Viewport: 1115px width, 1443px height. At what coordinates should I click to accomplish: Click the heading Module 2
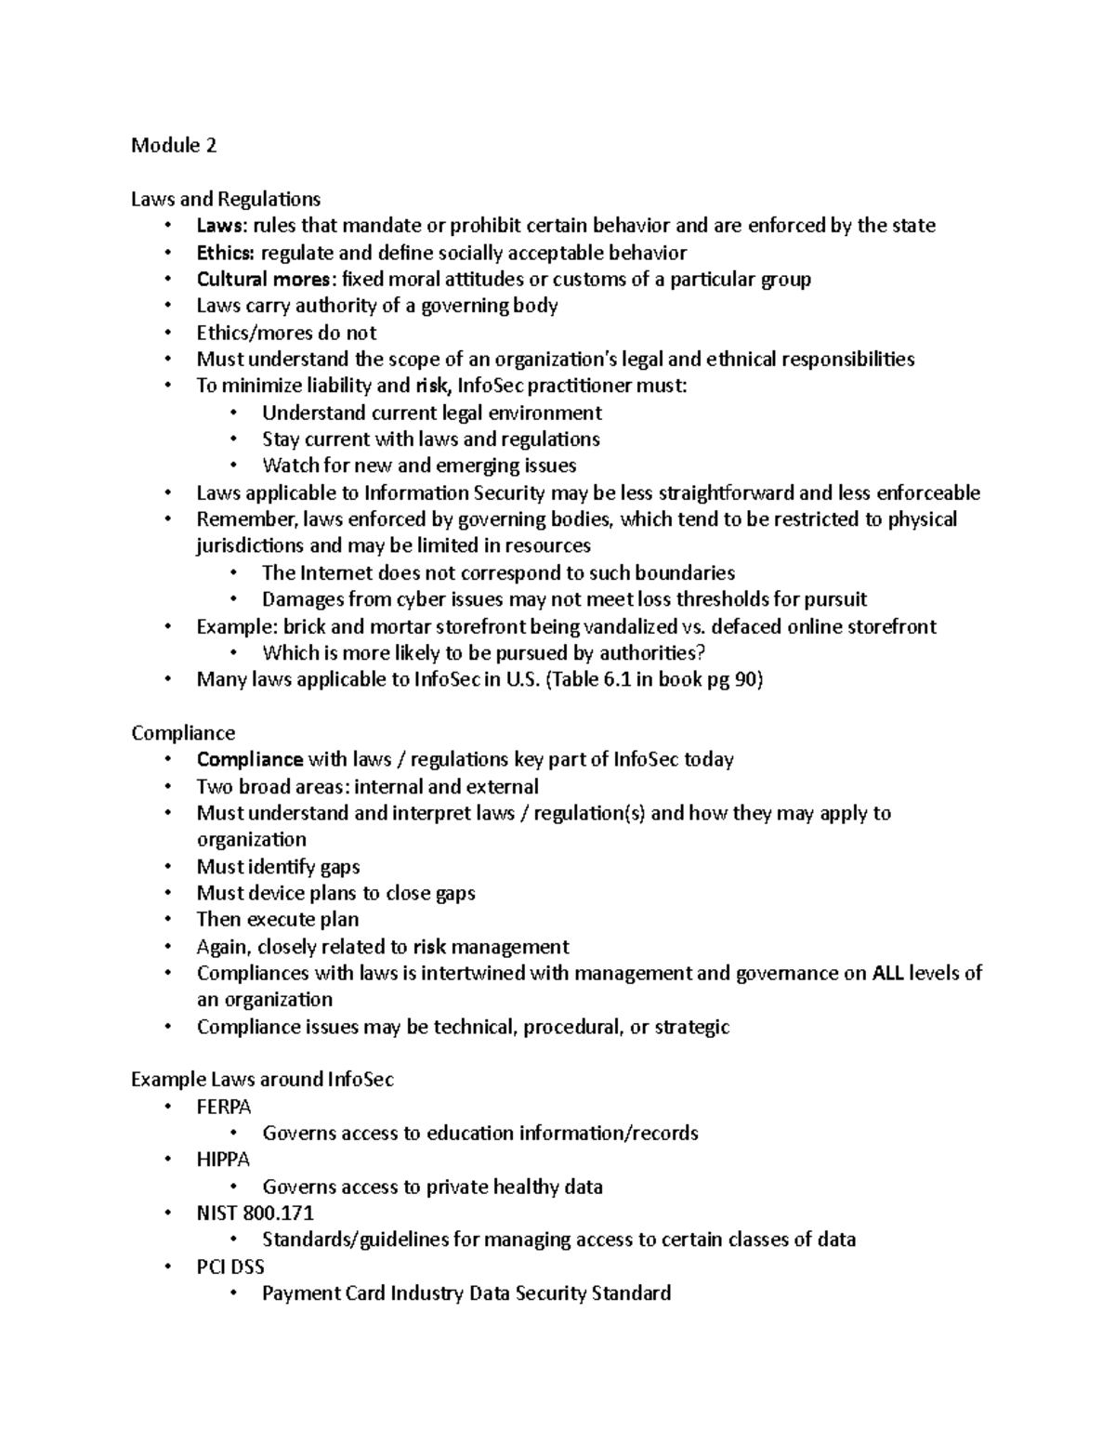coord(174,145)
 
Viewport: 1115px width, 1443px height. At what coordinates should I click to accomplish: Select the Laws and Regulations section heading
coord(226,199)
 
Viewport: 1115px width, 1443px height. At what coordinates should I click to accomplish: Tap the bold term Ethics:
coord(225,253)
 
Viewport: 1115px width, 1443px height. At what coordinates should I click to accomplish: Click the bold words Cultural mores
coord(263,280)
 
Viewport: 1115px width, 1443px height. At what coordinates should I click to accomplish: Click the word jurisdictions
coord(250,545)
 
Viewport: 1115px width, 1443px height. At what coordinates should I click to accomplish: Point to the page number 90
coord(746,679)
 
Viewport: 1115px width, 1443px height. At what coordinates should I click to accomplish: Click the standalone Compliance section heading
coord(183,733)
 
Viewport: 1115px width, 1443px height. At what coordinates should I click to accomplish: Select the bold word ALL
coord(888,973)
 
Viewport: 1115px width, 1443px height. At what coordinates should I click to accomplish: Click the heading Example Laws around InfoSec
coord(262,1080)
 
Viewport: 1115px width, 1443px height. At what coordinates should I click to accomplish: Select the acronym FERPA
coord(224,1107)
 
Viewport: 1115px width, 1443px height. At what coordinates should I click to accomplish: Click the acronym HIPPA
coord(223,1160)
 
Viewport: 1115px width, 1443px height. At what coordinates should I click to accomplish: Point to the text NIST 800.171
coord(255,1213)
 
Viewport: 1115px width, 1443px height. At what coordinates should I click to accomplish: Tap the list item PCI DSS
coord(230,1266)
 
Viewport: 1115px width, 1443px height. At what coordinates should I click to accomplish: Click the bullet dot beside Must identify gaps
coord(167,867)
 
